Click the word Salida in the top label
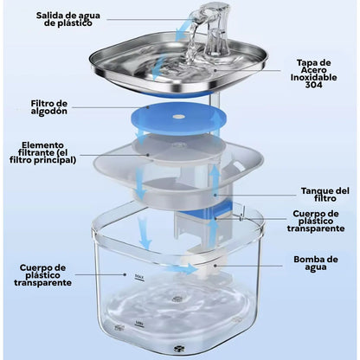[47, 16]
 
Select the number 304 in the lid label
[313, 85]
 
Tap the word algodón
[49, 112]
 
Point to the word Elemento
[42, 145]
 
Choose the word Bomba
[306, 260]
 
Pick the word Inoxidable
[313, 77]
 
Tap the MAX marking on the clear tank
[139, 277]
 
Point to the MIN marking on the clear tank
[139, 323]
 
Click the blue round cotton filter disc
[178, 119]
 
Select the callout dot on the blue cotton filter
[148, 107]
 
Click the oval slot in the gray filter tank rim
[239, 165]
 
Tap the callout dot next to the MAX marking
[125, 274]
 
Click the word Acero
[313, 70]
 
